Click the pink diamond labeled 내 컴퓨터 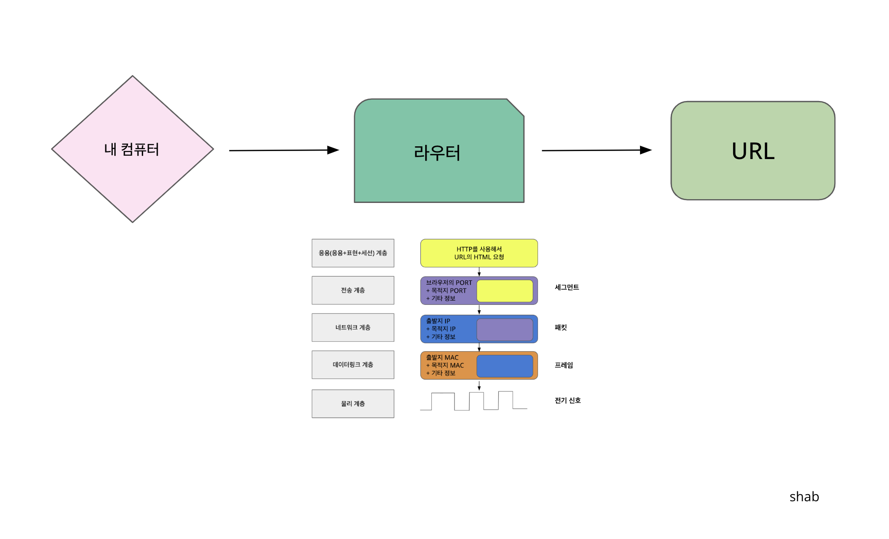point(132,149)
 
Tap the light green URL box point(752,151)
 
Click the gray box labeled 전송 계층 point(353,290)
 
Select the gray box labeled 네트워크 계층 point(353,328)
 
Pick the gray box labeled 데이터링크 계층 point(353,365)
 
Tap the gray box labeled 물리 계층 point(353,404)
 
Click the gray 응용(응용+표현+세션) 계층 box point(353,253)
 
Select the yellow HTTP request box point(479,253)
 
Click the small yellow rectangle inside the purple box point(504,291)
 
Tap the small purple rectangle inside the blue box point(504,329)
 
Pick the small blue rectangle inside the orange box point(504,366)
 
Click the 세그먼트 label point(567,287)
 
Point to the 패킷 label point(561,328)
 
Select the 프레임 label point(564,365)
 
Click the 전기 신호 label point(567,400)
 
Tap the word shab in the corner point(804,497)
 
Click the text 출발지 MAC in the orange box point(442,358)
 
